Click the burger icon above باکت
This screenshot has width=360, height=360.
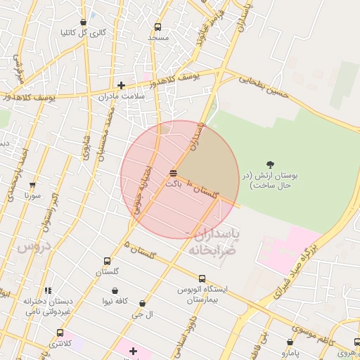click(174, 173)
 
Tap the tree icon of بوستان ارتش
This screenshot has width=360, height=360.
click(271, 164)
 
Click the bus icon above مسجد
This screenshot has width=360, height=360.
click(157, 27)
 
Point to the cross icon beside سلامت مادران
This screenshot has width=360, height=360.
click(121, 85)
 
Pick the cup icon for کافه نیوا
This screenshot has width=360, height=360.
click(115, 290)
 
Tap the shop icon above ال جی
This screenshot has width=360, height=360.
click(142, 304)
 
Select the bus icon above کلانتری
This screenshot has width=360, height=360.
click(60, 333)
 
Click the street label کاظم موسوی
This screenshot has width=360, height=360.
click(309, 328)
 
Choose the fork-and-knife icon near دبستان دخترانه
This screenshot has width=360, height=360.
click(48, 290)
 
